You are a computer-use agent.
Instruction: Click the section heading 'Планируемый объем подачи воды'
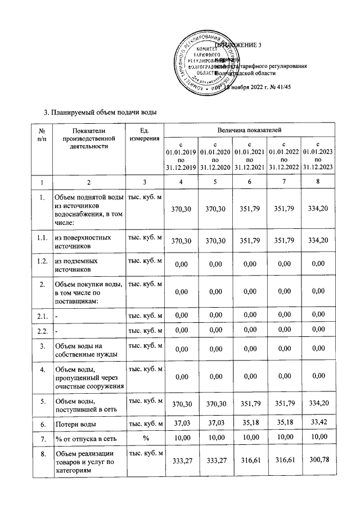[103, 112]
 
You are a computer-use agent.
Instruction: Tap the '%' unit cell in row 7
[145, 438]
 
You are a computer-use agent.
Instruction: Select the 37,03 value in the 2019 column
[181, 422]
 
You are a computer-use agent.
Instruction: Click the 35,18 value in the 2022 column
[284, 422]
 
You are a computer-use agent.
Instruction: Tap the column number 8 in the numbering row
[318, 182]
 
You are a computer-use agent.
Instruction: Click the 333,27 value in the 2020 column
[215, 461]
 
